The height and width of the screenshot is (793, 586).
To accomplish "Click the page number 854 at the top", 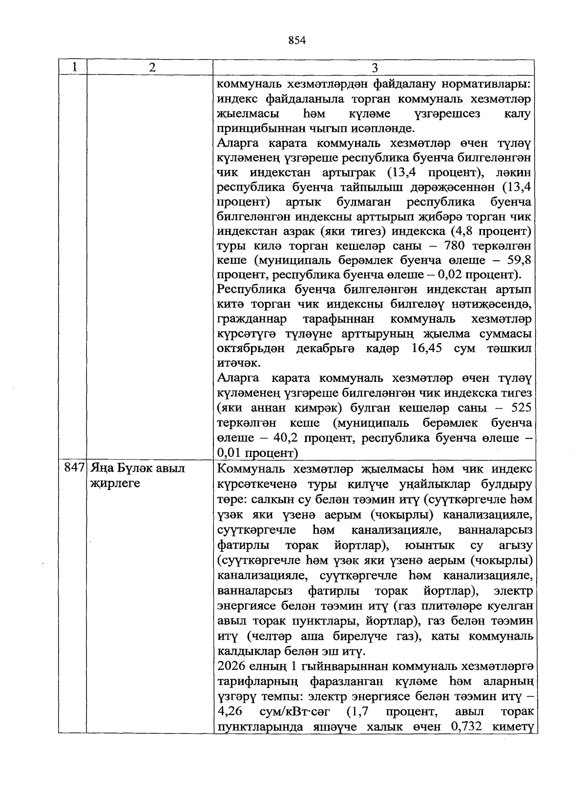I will click(297, 41).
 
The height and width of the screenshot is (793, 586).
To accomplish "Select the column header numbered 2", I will click(152, 67).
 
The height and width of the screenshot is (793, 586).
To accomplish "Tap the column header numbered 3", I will click(375, 67).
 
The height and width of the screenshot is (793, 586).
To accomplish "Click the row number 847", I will click(74, 469).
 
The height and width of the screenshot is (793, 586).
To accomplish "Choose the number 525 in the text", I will click(520, 408).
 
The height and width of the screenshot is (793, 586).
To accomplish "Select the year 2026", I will click(231, 667).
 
